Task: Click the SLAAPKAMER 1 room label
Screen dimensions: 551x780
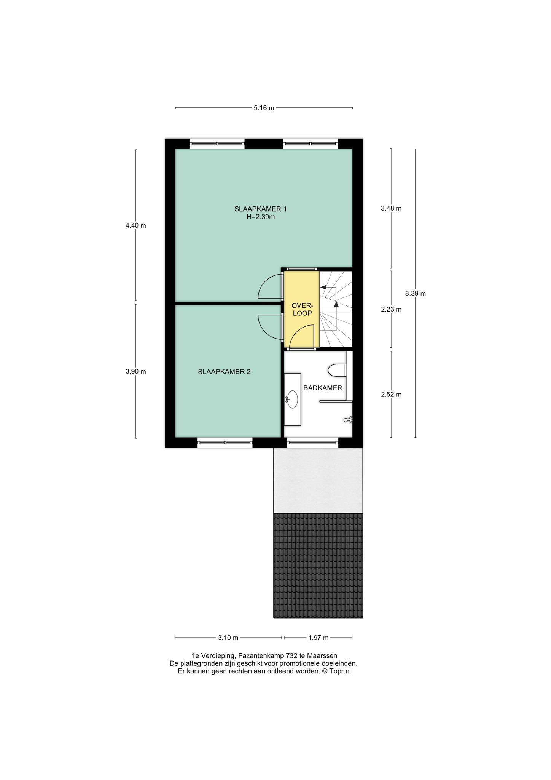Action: coord(260,209)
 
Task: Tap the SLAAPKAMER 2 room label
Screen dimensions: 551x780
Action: coord(224,372)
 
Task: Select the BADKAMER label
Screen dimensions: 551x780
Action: coord(322,388)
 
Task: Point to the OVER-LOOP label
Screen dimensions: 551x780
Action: coord(302,309)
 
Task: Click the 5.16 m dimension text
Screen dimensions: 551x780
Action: coord(264,108)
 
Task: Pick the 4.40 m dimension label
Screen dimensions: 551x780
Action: coord(136,225)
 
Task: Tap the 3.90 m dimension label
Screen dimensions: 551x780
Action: coord(136,372)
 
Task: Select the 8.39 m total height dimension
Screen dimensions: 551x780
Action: coord(415,293)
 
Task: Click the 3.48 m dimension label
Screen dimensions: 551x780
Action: coord(391,208)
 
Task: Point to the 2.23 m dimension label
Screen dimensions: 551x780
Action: coord(391,310)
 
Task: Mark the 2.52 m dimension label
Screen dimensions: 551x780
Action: coord(391,395)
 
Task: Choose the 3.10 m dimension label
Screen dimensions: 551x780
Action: coord(228,638)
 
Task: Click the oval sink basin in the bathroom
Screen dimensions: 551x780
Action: coord(292,399)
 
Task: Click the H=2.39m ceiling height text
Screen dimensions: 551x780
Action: coord(260,217)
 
